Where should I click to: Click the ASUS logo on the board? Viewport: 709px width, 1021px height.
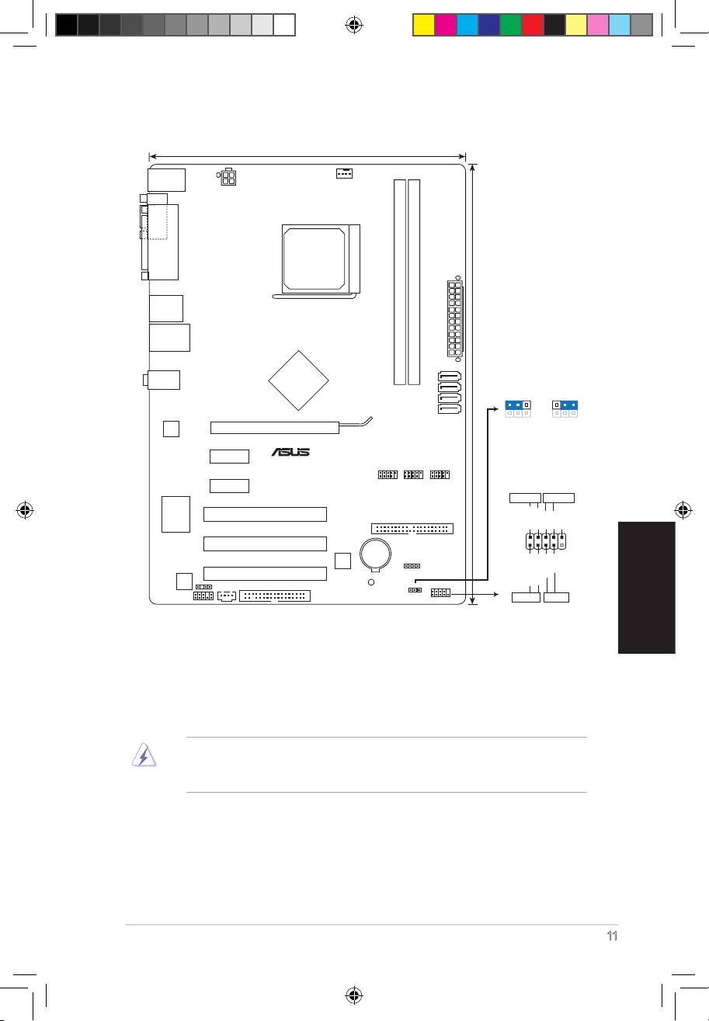290,452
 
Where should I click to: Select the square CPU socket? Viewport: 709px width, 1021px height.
321,259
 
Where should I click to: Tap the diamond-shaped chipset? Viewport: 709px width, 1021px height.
299,380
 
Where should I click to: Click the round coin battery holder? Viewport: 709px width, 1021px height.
375,554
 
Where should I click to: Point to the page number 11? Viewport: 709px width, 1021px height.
612,936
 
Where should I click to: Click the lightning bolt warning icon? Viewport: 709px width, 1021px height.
144,755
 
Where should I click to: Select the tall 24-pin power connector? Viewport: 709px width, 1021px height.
455,318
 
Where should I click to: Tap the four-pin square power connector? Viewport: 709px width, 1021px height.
228,177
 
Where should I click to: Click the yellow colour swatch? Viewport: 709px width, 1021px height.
423,25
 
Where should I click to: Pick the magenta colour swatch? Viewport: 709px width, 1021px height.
446,25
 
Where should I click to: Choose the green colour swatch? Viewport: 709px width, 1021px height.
511,25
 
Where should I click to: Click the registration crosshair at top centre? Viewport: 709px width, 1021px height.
354,25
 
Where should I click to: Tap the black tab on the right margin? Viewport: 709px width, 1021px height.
647,588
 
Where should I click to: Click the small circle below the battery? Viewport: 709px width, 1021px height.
371,582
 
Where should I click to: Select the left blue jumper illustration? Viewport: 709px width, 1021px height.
518,408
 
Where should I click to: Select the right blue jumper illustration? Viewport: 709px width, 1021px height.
565,408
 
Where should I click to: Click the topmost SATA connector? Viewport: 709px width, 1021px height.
450,377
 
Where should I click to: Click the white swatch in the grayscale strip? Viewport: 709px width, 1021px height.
284,25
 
